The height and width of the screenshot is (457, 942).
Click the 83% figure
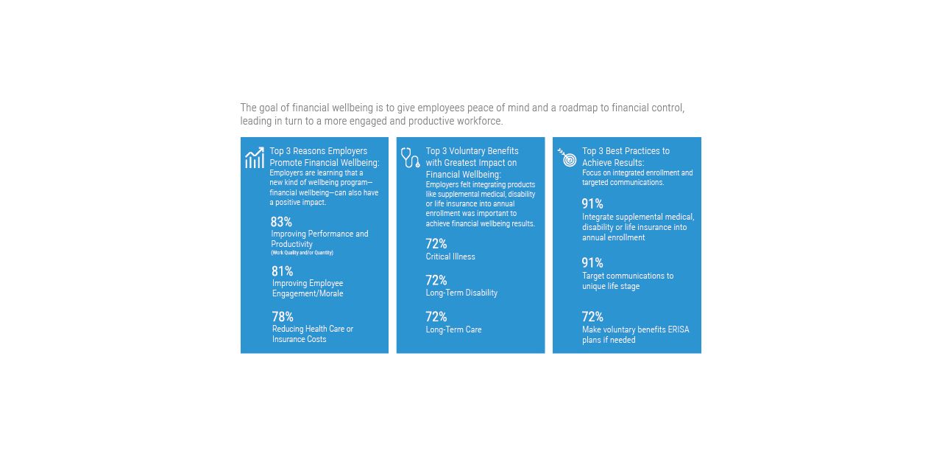click(x=281, y=222)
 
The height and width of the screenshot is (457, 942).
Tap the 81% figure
click(x=283, y=271)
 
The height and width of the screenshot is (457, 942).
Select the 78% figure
click(x=283, y=317)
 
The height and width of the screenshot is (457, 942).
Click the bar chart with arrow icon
click(x=255, y=158)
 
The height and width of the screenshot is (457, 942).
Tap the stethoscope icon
click(x=410, y=157)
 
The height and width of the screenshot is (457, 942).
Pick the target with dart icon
click(x=567, y=157)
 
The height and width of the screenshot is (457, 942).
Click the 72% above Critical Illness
click(x=436, y=244)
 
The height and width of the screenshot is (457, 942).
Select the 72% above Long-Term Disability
click(x=436, y=280)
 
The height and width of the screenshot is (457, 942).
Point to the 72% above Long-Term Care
click(x=436, y=317)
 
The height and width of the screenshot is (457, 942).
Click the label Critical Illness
click(x=450, y=257)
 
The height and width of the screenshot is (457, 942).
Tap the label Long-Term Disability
click(x=461, y=293)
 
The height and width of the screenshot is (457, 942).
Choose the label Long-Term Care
click(x=453, y=329)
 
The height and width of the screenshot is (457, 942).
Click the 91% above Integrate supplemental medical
click(x=592, y=204)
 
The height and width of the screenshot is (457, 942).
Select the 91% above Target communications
click(x=592, y=263)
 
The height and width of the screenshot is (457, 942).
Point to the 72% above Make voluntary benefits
click(x=592, y=317)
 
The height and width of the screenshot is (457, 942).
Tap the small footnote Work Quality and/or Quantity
click(x=302, y=253)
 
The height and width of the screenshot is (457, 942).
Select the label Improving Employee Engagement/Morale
click(x=308, y=288)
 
